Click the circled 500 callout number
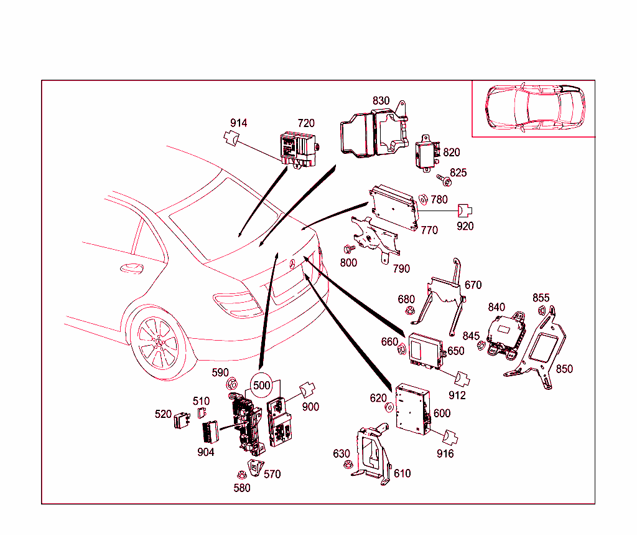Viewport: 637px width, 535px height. coord(262,385)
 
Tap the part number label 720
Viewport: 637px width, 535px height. coord(306,123)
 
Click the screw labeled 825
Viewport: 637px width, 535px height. coord(445,180)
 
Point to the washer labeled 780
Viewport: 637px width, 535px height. coord(422,199)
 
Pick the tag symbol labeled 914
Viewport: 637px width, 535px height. coord(233,138)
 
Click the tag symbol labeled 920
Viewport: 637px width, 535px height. coord(465,211)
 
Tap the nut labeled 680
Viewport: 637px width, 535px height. coord(409,311)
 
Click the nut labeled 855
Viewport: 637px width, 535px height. coord(541,310)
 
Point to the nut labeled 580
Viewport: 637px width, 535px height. coord(242,475)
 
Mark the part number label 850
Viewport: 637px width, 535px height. coord(564,369)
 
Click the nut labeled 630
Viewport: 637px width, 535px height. coord(349,464)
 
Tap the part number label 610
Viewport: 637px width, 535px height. coord(402,473)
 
